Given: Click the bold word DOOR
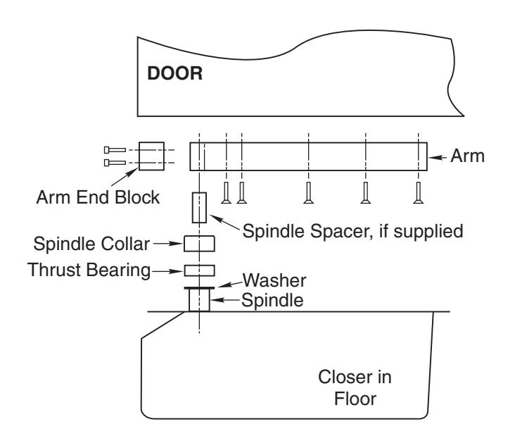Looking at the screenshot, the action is pyautogui.click(x=174, y=73).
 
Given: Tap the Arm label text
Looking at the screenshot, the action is pyautogui.click(x=467, y=156).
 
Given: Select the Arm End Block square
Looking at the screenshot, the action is pyautogui.click(x=151, y=156).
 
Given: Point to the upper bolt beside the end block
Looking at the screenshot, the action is pyautogui.click(x=115, y=150).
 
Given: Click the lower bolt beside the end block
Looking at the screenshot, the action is pyautogui.click(x=115, y=163).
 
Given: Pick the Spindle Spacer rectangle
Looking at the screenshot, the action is pyautogui.click(x=199, y=208).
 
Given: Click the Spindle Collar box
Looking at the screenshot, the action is pyautogui.click(x=199, y=244).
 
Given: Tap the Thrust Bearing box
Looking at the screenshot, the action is pyautogui.click(x=199, y=271).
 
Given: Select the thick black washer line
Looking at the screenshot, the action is pyautogui.click(x=199, y=288).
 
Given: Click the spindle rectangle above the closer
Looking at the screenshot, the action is pyautogui.click(x=199, y=300).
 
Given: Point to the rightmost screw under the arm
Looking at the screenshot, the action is pyautogui.click(x=418, y=193).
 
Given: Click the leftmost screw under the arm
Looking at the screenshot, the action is pyautogui.click(x=226, y=193).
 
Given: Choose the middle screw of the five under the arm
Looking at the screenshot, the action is pyautogui.click(x=308, y=193).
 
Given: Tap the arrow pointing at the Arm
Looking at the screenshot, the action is pyautogui.click(x=438, y=158).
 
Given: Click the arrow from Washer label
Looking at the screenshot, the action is pyautogui.click(x=230, y=284).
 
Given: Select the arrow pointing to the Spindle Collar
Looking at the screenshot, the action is pyautogui.click(x=168, y=244).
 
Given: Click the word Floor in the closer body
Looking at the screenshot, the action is pyautogui.click(x=355, y=399).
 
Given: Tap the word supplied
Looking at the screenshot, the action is pyautogui.click(x=428, y=232).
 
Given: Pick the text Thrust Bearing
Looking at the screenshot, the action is pyautogui.click(x=89, y=271).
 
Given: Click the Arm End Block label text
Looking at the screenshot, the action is pyautogui.click(x=98, y=197).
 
